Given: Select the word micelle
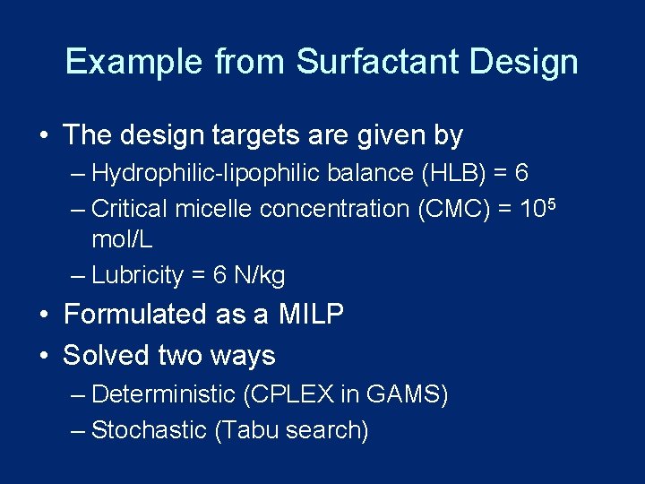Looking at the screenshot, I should click(214, 209).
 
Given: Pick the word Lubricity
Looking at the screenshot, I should click(137, 276).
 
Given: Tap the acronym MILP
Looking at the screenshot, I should click(311, 315).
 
